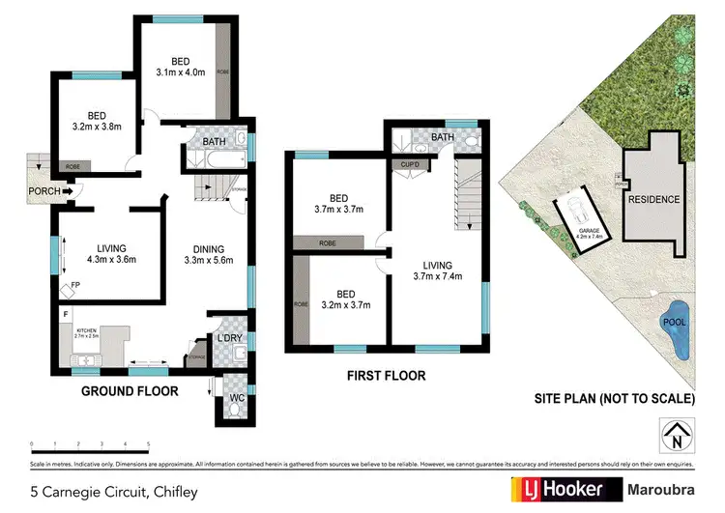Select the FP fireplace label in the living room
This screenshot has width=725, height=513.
[x=76, y=285]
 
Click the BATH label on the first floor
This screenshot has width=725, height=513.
[x=442, y=138]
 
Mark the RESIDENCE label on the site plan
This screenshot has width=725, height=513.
[x=653, y=200]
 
